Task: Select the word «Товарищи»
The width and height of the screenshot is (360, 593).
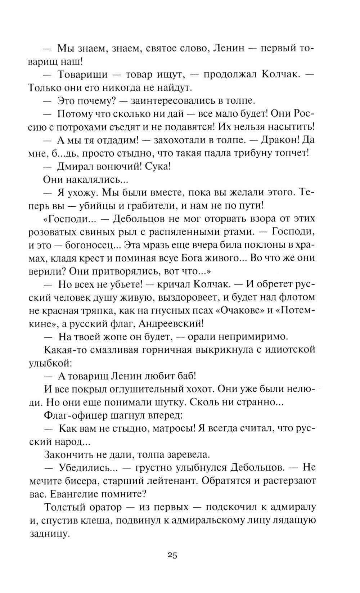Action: tap(82, 75)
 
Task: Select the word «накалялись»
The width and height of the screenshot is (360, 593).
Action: tap(96, 179)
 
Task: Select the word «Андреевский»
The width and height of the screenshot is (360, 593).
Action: tap(173, 323)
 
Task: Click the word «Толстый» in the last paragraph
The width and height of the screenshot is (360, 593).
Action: tap(65, 507)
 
